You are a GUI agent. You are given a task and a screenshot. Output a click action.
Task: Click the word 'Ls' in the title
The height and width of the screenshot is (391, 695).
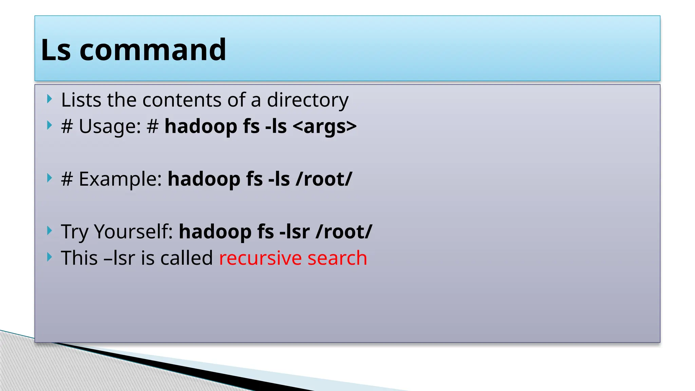tap(56, 50)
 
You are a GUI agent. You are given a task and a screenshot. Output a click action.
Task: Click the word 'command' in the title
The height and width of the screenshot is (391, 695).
tap(153, 50)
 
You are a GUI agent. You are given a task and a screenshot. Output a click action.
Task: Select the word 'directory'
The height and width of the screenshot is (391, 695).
tap(307, 100)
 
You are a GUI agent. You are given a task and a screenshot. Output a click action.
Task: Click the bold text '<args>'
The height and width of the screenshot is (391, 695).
tap(324, 127)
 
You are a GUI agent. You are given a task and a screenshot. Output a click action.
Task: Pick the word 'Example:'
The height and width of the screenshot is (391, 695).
tap(120, 179)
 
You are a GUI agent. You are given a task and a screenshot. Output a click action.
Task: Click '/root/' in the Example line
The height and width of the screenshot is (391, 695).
tap(324, 179)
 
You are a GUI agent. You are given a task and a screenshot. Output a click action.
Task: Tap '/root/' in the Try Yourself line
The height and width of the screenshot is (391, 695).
tap(344, 232)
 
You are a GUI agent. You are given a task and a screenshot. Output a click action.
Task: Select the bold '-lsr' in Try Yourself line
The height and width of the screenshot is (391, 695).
tap(295, 232)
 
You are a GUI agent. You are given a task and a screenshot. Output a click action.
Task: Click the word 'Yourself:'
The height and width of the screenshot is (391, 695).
tap(134, 232)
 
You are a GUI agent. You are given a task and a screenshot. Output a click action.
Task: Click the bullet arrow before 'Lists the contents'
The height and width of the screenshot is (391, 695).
tap(50, 99)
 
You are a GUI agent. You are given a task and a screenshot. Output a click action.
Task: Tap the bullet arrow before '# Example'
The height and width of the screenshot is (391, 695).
tap(50, 178)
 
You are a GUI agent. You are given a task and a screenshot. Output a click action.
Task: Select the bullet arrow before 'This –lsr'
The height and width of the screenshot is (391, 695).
tap(50, 257)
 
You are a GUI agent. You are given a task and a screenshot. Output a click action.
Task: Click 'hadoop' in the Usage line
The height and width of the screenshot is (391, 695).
tap(201, 127)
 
